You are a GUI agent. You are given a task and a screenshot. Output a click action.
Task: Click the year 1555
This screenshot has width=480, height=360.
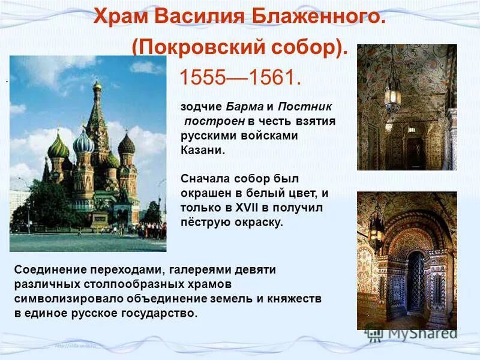click(205, 77)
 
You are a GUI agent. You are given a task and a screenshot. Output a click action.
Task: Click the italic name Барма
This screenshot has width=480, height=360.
click(245, 107)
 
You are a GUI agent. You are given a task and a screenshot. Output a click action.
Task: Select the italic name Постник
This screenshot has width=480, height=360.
click(304, 107)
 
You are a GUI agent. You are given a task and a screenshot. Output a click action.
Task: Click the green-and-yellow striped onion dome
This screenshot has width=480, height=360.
click(58, 145)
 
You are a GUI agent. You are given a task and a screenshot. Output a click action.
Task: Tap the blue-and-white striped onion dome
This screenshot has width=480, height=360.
click(83, 143)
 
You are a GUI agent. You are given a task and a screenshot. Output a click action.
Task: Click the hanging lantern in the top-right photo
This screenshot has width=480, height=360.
click(393, 96)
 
